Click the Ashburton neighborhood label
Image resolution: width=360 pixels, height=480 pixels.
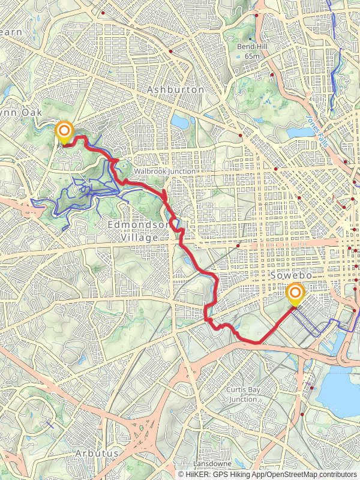pyautogui.click(x=176, y=89)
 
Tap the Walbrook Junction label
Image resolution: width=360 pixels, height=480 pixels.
pyautogui.click(x=164, y=171)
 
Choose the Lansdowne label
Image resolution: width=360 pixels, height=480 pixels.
pyautogui.click(x=212, y=464)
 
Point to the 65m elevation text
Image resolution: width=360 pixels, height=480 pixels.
pyautogui.click(x=252, y=56)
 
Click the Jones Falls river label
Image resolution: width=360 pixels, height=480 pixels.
pyautogui.click(x=316, y=125)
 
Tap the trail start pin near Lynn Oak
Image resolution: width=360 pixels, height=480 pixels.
pyautogui.click(x=64, y=131)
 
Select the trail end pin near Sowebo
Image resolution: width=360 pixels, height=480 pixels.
pyautogui.click(x=295, y=294)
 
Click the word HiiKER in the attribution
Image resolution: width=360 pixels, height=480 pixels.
pyautogui.click(x=197, y=474)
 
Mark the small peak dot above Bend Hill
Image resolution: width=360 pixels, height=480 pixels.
pyautogui.click(x=251, y=38)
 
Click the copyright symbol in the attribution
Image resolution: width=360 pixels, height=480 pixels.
pyautogui.click(x=181, y=474)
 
